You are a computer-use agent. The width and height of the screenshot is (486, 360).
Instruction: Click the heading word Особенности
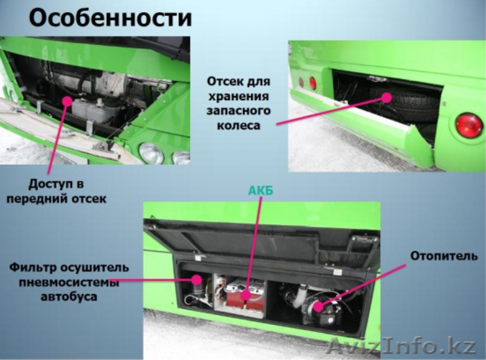tap(110, 18)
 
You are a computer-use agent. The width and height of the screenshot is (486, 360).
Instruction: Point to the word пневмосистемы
tap(60, 282)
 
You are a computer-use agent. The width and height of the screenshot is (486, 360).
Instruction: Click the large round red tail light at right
tap(469, 125)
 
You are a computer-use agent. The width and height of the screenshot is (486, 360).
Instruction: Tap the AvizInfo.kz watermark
tap(401, 347)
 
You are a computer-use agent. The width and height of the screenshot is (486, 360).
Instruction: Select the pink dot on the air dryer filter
tap(196, 280)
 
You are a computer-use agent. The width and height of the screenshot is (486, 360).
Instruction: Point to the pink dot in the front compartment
tap(66, 101)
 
